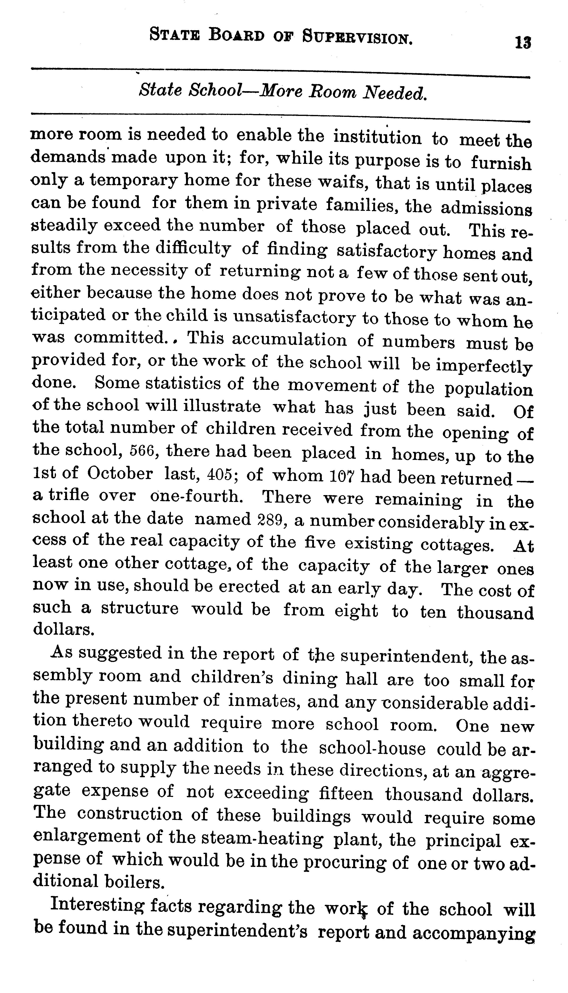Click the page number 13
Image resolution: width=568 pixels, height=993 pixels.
coord(522,42)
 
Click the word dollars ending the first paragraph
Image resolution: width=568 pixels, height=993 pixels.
coord(63,629)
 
